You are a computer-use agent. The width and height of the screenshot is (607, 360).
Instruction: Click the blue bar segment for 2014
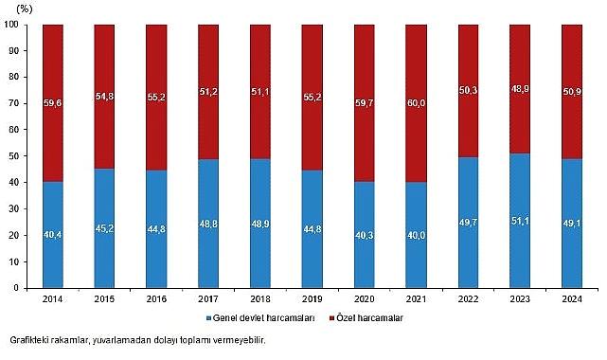(53, 234)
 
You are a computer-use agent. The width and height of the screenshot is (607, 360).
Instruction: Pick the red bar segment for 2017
(209, 91)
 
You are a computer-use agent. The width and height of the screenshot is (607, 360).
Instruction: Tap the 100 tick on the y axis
(15, 26)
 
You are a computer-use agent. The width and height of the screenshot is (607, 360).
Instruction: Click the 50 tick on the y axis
(18, 156)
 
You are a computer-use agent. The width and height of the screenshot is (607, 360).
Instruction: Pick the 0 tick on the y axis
(21, 287)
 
